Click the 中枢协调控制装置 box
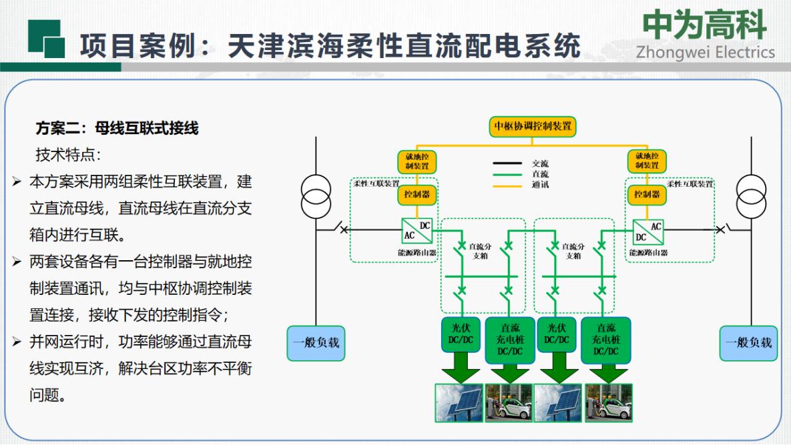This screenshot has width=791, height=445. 532,126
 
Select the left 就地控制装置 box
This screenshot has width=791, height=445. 417,161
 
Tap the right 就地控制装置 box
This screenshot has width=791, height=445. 647,161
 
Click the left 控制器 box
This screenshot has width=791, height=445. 417,194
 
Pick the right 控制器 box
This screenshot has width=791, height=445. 647,194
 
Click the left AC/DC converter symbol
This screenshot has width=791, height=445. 417,231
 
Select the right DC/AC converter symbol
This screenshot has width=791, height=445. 647,232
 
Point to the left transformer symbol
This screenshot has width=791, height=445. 316,197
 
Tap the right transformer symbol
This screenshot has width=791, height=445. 751,197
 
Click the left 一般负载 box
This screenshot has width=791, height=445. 316,343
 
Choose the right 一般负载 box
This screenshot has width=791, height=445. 748,343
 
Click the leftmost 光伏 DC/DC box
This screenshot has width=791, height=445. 461,334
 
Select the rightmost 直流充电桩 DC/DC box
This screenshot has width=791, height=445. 605,340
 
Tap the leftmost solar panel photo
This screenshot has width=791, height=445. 459,403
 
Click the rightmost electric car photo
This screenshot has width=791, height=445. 608,403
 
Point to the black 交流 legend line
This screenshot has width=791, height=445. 507,163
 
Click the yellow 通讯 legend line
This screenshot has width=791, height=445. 507,186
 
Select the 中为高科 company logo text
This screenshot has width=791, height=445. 704,25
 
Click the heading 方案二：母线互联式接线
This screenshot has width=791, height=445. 117,128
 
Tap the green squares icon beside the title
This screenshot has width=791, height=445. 47,39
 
